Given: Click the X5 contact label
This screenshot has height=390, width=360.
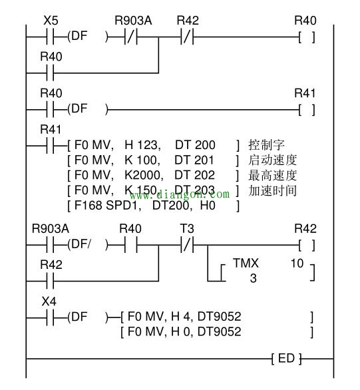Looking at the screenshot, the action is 51,21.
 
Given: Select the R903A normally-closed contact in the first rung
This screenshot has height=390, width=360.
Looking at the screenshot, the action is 131,37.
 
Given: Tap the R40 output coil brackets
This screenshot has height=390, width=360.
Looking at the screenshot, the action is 307,37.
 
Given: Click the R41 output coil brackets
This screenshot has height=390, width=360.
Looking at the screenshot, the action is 307,110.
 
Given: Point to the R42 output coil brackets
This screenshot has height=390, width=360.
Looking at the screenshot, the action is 307,246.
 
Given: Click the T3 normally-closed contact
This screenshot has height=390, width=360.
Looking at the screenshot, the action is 187,246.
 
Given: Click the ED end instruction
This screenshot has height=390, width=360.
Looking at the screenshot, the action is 286,359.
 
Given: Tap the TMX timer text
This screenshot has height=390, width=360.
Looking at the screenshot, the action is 246,263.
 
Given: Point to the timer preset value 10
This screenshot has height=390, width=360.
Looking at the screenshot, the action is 297,263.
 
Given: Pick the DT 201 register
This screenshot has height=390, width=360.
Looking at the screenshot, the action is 194,160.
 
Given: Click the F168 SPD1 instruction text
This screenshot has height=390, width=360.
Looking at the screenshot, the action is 106,206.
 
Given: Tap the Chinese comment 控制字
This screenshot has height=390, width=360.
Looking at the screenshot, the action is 266,145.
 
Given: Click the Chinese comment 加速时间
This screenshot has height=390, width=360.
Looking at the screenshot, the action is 272,191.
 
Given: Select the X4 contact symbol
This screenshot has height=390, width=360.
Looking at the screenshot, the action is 50,318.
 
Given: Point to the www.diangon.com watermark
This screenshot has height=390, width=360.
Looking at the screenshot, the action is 180,194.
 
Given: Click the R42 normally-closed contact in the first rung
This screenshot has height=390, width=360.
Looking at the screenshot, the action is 187,37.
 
